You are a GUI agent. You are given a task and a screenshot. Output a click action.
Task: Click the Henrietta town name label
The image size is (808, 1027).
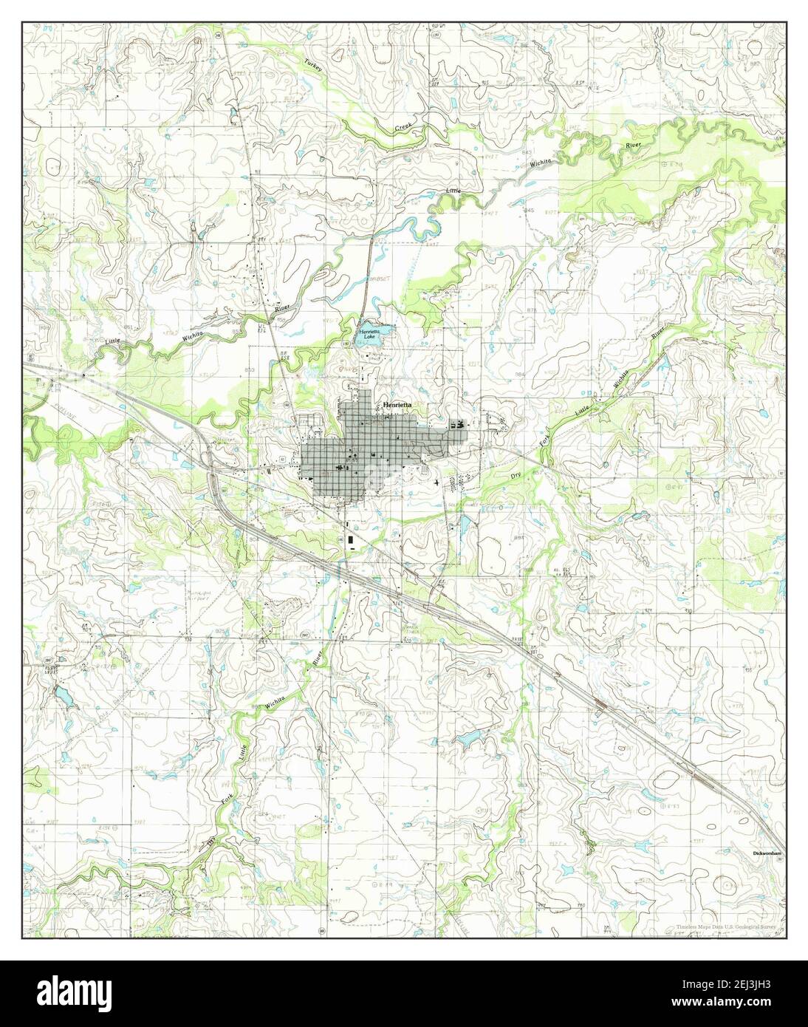[x=397, y=406]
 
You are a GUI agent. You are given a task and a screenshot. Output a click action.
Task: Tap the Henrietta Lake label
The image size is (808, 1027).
[x=369, y=335]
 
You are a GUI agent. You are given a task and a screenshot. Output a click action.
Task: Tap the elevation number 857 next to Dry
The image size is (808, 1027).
[x=540, y=470]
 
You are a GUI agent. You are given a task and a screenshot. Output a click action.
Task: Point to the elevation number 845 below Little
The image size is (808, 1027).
[x=528, y=211]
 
